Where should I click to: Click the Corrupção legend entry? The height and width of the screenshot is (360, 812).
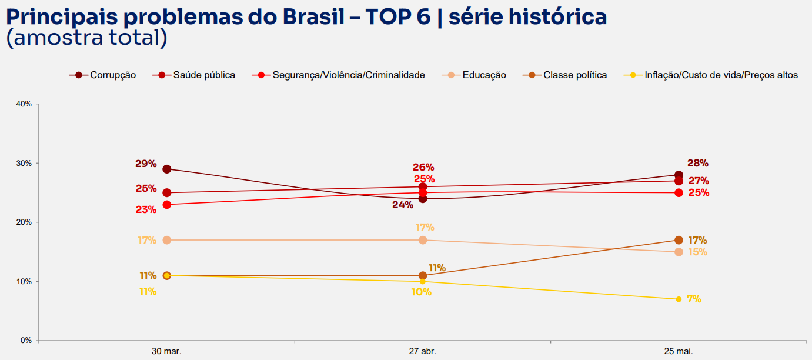coord(102,75)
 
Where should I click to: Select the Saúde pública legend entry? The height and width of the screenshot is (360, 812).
coord(193,75)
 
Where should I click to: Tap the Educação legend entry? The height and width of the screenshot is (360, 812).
coord(474,75)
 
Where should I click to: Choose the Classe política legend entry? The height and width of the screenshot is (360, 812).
coord(564,75)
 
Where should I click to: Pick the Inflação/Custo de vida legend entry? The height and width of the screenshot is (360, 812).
coord(710,75)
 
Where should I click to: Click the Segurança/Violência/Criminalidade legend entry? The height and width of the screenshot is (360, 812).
coord(338,75)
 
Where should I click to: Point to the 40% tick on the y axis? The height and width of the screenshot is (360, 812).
coord(24,104)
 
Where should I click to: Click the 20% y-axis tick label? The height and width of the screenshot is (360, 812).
coord(24,222)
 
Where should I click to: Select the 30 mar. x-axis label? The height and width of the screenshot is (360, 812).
coord(166,351)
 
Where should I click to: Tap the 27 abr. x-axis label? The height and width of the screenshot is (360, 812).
coord(423,351)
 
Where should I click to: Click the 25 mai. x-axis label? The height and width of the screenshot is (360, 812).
coord(679,351)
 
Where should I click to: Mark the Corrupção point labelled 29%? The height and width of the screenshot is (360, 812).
coord(167,169)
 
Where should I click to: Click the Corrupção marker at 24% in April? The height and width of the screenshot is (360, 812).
coord(423,199)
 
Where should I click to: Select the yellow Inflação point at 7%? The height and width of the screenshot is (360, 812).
coord(679,299)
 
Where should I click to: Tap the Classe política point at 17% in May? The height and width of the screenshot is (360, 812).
coord(679,240)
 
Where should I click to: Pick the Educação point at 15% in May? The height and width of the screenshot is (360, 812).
coord(679,252)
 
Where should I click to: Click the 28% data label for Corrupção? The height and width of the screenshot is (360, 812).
coord(698,163)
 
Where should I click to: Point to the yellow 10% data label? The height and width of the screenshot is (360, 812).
coord(421,292)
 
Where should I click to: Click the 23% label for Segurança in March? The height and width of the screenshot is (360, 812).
coord(146,209)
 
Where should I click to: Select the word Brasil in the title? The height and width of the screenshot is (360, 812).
coord(313,16)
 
